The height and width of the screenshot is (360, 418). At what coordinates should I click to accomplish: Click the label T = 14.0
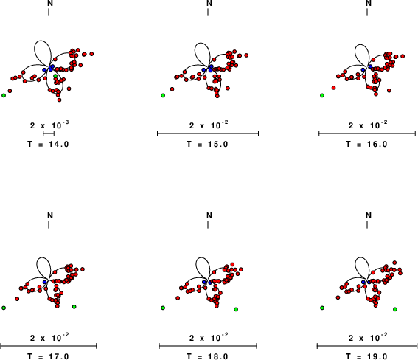tap(48, 145)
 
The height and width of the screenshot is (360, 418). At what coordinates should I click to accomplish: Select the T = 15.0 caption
tap(207, 145)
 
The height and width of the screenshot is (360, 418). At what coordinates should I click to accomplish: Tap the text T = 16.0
tap(366, 145)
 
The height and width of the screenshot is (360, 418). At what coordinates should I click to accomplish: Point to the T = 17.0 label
tap(48, 356)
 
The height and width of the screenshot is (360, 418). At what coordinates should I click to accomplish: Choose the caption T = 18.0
tap(207, 356)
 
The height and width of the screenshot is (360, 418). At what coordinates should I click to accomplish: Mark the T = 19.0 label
tap(366, 356)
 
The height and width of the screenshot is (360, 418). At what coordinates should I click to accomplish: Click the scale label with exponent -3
tap(49, 125)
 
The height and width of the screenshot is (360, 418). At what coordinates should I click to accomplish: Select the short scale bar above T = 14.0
tap(49, 134)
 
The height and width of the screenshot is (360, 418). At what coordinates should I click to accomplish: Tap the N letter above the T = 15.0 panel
tap(209, 3)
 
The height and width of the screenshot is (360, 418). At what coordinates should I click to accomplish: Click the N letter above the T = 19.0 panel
tap(369, 215)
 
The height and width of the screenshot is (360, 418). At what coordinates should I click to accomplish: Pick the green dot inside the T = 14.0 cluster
tap(55, 76)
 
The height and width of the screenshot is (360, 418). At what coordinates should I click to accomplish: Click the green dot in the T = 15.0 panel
tap(163, 95)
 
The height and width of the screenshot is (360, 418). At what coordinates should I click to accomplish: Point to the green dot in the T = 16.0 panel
tap(322, 95)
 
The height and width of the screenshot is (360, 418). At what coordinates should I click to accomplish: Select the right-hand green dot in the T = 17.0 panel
tap(74, 307)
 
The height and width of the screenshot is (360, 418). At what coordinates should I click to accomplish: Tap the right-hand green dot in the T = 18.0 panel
tap(236, 309)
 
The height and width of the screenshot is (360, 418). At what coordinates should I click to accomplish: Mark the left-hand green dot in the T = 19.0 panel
tap(322, 308)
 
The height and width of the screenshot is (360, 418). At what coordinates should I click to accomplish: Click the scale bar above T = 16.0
tap(367, 134)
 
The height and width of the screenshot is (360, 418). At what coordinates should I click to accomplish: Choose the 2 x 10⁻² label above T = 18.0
tap(209, 337)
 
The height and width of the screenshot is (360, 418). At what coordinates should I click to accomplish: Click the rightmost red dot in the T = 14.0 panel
tap(91, 54)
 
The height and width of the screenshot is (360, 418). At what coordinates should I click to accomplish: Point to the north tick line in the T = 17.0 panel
tap(49, 225)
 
